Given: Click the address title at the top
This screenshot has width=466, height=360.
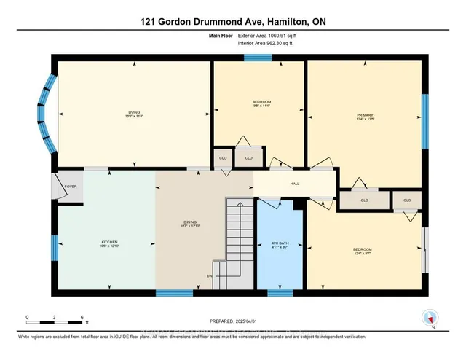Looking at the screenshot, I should (x=232, y=22).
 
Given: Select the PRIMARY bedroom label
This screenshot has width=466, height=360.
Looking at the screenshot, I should (x=365, y=115).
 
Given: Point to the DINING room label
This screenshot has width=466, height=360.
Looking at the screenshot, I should (x=189, y=224).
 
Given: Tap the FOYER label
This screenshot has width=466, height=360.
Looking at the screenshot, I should (x=71, y=187).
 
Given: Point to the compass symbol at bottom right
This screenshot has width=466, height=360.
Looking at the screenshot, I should (x=430, y=318).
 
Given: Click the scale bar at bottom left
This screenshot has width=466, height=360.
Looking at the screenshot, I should (x=55, y=318).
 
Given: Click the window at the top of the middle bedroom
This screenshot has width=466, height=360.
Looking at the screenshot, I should (x=258, y=58).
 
